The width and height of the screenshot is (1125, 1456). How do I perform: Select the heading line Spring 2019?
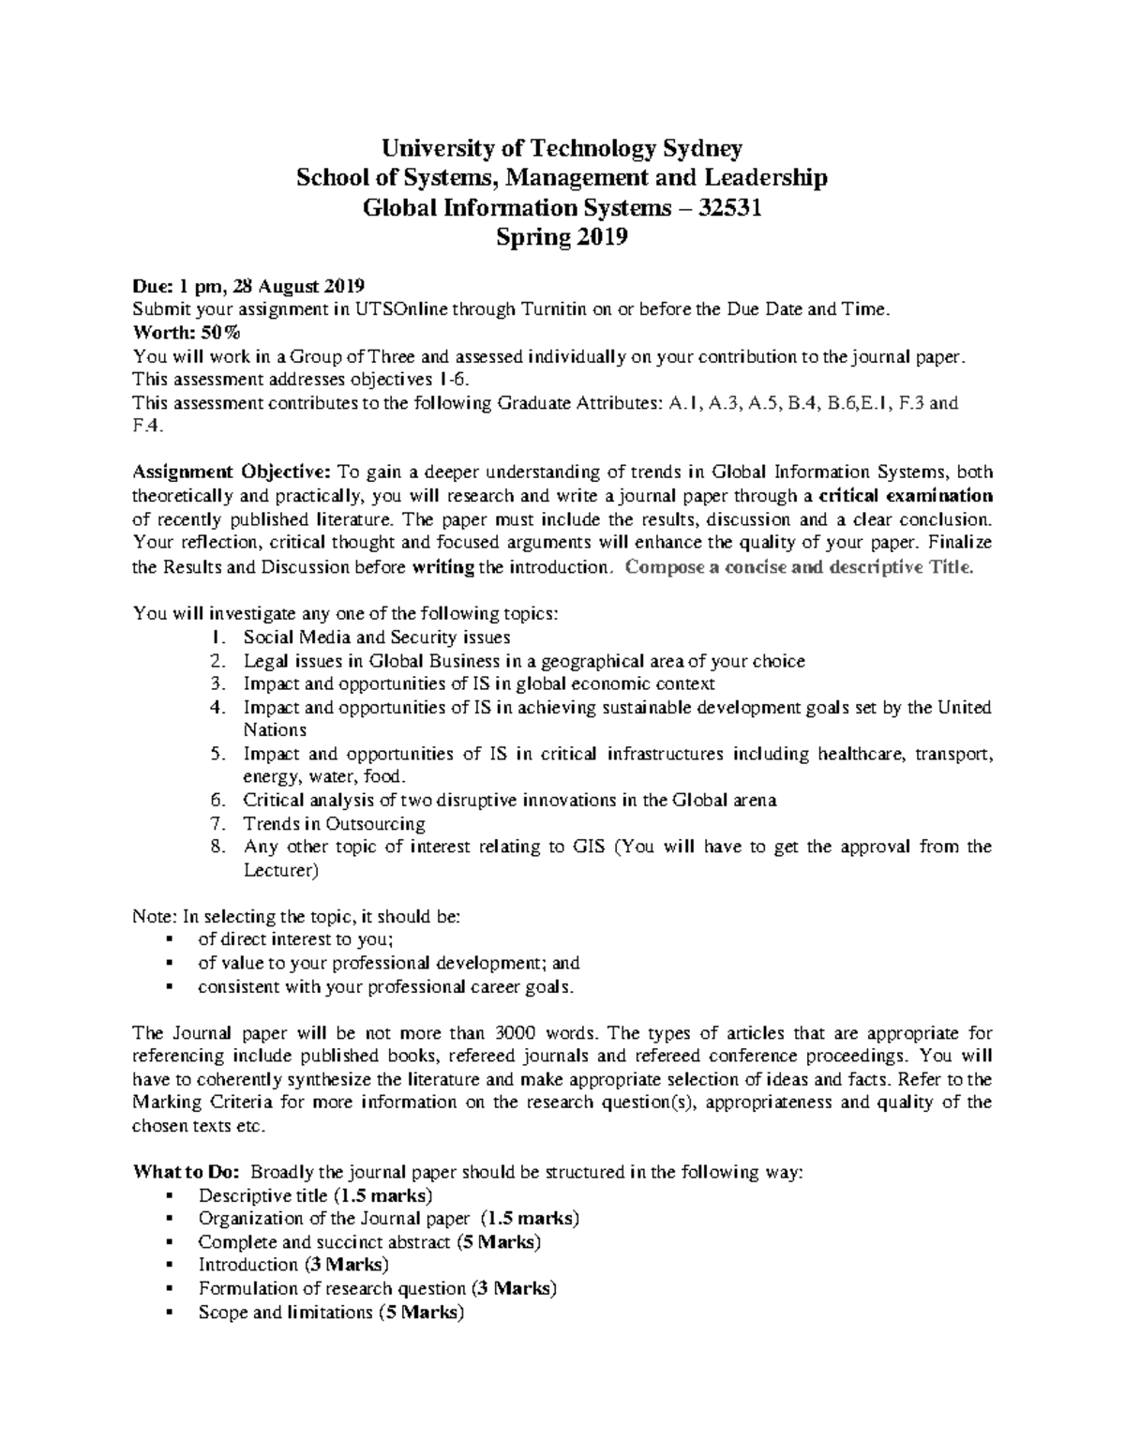click(x=562, y=238)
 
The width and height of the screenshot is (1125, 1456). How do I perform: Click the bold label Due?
click(x=152, y=286)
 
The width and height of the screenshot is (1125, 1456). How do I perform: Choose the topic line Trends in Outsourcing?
click(x=334, y=824)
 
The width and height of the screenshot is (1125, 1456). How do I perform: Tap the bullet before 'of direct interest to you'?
click(x=170, y=939)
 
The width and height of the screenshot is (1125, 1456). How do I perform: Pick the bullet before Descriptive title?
click(x=170, y=1196)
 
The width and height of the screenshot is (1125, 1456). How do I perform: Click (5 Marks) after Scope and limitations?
click(x=421, y=1313)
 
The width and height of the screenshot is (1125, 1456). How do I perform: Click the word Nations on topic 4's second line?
click(x=275, y=730)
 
